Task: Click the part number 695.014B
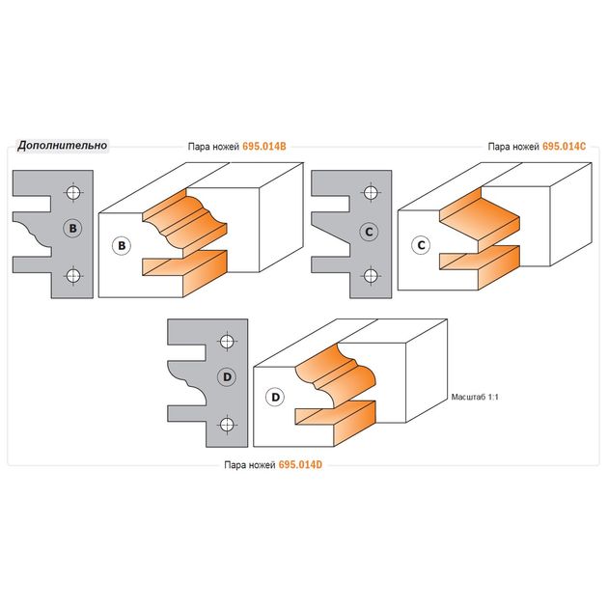pos(265,148)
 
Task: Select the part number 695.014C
pos(565,148)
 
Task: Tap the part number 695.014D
pos(303,464)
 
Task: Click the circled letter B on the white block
pos(122,246)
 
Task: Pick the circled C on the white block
pos(421,245)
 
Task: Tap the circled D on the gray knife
pos(228,378)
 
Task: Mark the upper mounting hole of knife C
pos(371,193)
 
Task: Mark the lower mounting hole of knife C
pos(371,276)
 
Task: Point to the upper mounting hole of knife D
pos(227,341)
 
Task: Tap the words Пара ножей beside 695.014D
pos(249,464)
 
